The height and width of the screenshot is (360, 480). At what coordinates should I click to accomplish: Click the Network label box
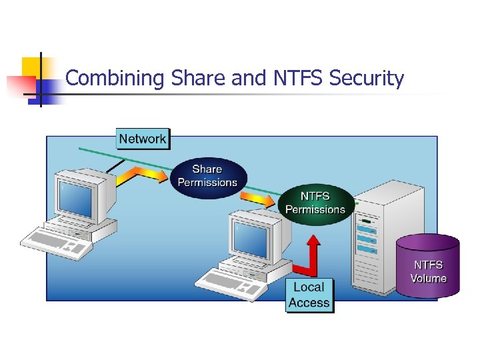143,139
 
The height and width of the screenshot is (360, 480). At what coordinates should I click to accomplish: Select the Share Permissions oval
207,176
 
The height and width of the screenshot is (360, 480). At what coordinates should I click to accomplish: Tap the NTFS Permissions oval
315,203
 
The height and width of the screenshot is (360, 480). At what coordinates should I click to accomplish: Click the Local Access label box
309,295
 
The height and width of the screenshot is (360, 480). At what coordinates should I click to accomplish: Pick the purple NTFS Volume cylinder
427,266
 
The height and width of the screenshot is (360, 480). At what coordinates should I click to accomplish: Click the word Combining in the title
115,79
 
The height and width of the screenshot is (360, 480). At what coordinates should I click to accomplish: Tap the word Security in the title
367,79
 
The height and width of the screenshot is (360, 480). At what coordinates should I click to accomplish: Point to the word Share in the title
198,79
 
